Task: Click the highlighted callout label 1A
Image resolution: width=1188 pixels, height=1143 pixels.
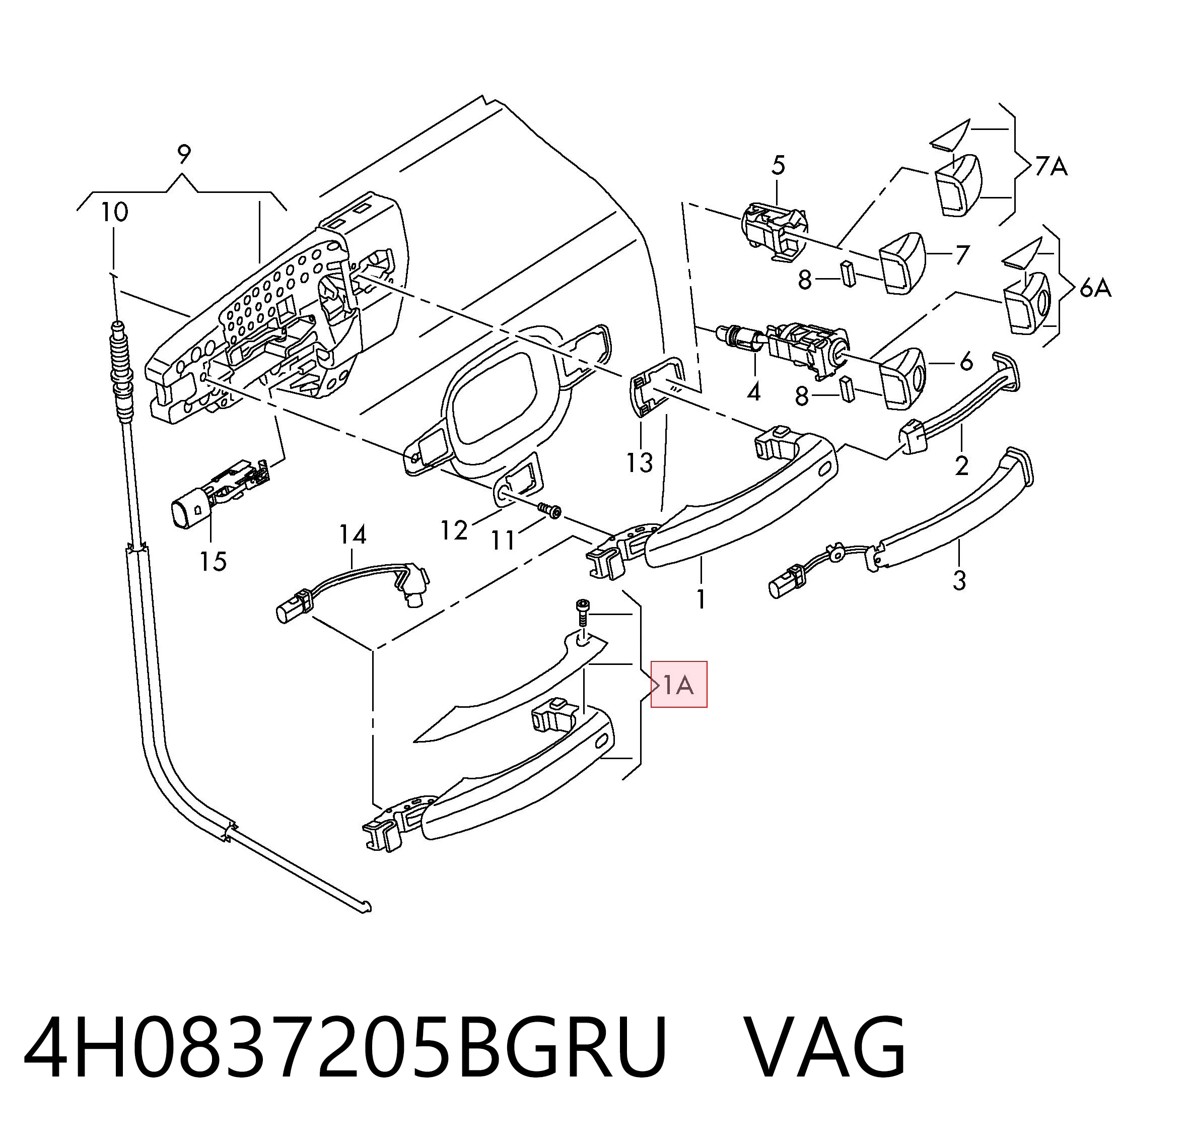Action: tap(679, 685)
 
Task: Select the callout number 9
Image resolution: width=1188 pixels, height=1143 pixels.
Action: tap(184, 154)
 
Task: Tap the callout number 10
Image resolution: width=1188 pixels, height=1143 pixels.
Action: tap(114, 212)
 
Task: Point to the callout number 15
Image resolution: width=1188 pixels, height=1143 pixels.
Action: tap(214, 562)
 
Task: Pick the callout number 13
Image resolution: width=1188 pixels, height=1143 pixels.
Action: tap(640, 462)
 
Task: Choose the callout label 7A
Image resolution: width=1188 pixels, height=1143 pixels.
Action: tap(1051, 166)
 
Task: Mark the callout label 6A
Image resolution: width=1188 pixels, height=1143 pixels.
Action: tap(1095, 288)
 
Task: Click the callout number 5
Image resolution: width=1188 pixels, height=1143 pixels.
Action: tap(778, 165)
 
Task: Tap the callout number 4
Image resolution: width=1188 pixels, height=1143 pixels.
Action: tap(753, 392)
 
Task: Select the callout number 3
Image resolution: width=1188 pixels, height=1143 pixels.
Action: tap(959, 580)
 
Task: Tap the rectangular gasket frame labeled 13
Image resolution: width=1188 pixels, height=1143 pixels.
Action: tap(656, 385)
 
